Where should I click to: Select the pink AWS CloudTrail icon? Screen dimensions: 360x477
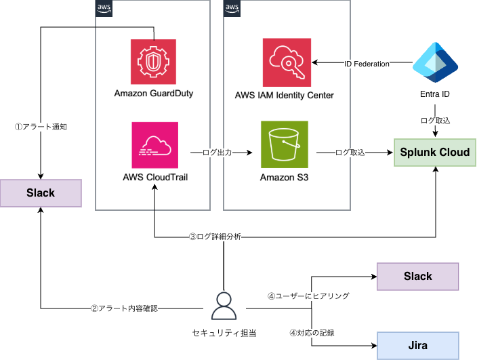(x=155, y=144)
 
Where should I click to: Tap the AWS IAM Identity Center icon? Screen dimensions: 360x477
(x=285, y=62)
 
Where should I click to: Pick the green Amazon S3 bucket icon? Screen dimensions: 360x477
(x=285, y=144)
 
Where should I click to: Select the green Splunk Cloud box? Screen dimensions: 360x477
(x=435, y=152)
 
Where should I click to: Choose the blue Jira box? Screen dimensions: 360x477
(x=417, y=345)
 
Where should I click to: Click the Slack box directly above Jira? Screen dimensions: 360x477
(x=417, y=276)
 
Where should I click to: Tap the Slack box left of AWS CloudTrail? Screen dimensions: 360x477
(x=41, y=193)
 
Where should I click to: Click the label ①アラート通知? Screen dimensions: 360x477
(x=41, y=126)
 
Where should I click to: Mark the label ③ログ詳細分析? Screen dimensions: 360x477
(x=215, y=237)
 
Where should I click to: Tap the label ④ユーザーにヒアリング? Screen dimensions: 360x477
(x=308, y=296)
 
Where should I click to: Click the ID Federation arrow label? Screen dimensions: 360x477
(x=367, y=64)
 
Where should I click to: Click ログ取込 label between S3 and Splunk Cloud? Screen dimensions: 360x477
(x=350, y=153)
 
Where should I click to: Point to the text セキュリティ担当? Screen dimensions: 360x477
(x=222, y=332)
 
